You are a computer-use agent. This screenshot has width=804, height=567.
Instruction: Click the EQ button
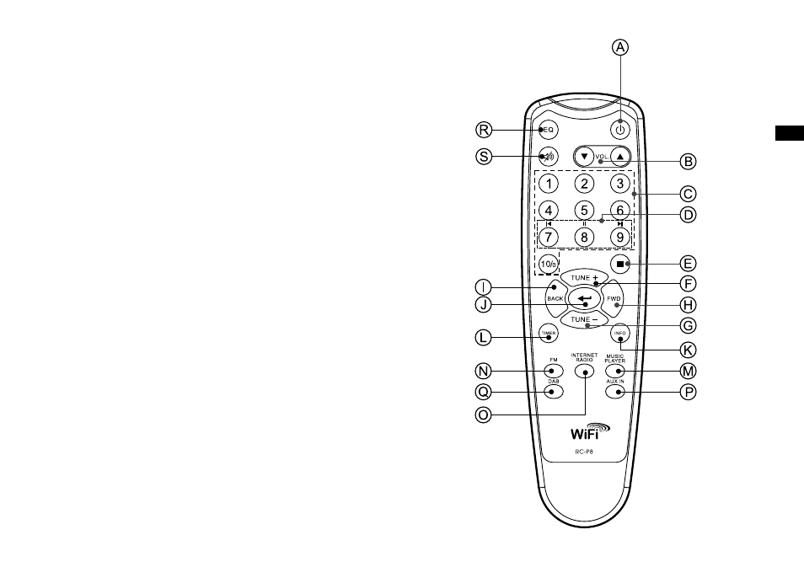click(549, 130)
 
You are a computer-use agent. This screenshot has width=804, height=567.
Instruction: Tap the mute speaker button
click(549, 157)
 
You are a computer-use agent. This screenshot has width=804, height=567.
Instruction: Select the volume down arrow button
click(584, 157)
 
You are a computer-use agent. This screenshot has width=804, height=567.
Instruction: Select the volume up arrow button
click(620, 157)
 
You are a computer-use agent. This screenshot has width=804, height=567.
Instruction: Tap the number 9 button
click(620, 238)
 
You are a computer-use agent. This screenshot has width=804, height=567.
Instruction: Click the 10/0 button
click(549, 264)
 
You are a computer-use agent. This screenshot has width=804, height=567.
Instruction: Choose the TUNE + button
click(584, 277)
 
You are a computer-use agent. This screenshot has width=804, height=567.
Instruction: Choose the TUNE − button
click(584, 319)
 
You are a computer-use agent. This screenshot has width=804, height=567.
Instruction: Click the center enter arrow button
click(584, 298)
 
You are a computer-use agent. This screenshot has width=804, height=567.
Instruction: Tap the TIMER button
click(549, 334)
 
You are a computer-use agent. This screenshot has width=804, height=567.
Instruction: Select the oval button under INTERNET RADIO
click(584, 371)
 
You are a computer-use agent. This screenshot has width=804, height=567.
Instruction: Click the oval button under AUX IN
click(615, 392)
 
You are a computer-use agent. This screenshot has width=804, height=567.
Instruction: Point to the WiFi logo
click(590, 431)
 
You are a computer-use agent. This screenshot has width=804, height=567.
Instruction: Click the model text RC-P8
click(584, 452)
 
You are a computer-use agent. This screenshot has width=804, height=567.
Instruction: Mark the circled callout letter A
click(620, 47)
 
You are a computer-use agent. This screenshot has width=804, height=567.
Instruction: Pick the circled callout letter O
click(483, 415)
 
